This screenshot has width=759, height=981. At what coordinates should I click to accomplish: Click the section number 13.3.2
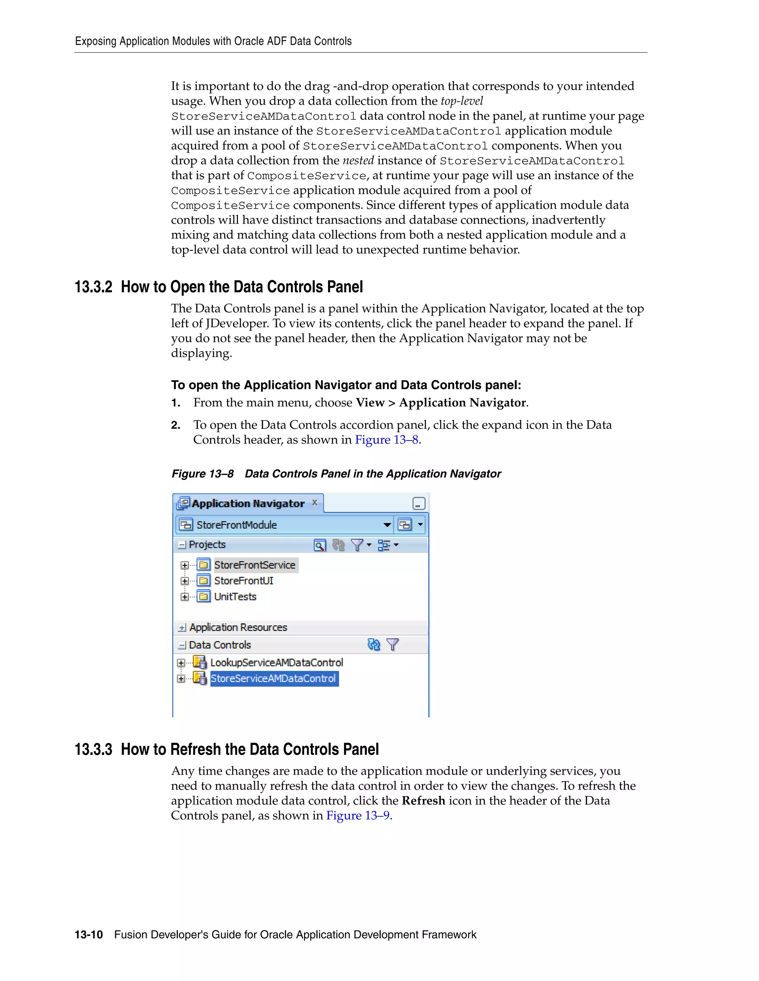point(93,287)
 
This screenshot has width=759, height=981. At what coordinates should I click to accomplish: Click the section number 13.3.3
point(93,749)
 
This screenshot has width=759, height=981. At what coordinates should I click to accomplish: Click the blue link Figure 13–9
point(358,815)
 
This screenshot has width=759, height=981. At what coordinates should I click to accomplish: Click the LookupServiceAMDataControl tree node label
point(276,663)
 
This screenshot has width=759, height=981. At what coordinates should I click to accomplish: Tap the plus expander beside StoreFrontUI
point(184,581)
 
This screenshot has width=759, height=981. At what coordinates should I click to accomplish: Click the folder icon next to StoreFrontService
point(204,565)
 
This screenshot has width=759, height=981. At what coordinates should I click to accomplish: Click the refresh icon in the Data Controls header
point(374,644)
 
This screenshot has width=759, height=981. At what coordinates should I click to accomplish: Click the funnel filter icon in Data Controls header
point(392,644)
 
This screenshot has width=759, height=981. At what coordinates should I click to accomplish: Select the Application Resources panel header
point(238,627)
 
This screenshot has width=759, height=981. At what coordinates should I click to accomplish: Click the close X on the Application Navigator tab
point(315,503)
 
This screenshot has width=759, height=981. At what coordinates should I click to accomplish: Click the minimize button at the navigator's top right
point(419,503)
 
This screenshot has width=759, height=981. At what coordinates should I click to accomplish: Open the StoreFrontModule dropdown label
point(236,525)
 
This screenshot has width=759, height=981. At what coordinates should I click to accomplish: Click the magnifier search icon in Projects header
point(319,545)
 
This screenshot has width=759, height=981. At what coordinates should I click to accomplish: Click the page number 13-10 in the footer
point(89,935)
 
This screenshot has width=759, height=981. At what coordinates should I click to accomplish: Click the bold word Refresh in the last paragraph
point(423,800)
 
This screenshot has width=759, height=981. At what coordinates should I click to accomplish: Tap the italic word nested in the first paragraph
point(358,160)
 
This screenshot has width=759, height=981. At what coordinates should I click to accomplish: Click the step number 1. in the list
point(176,403)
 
